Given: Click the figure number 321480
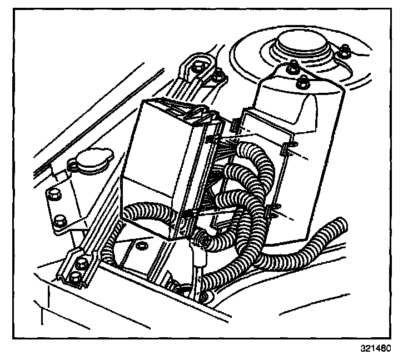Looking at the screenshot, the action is point(376,349).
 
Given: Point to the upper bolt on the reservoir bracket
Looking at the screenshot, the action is point(54,194).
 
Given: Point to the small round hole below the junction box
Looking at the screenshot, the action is point(141,245).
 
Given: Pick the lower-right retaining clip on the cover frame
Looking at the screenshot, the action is point(272,209).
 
